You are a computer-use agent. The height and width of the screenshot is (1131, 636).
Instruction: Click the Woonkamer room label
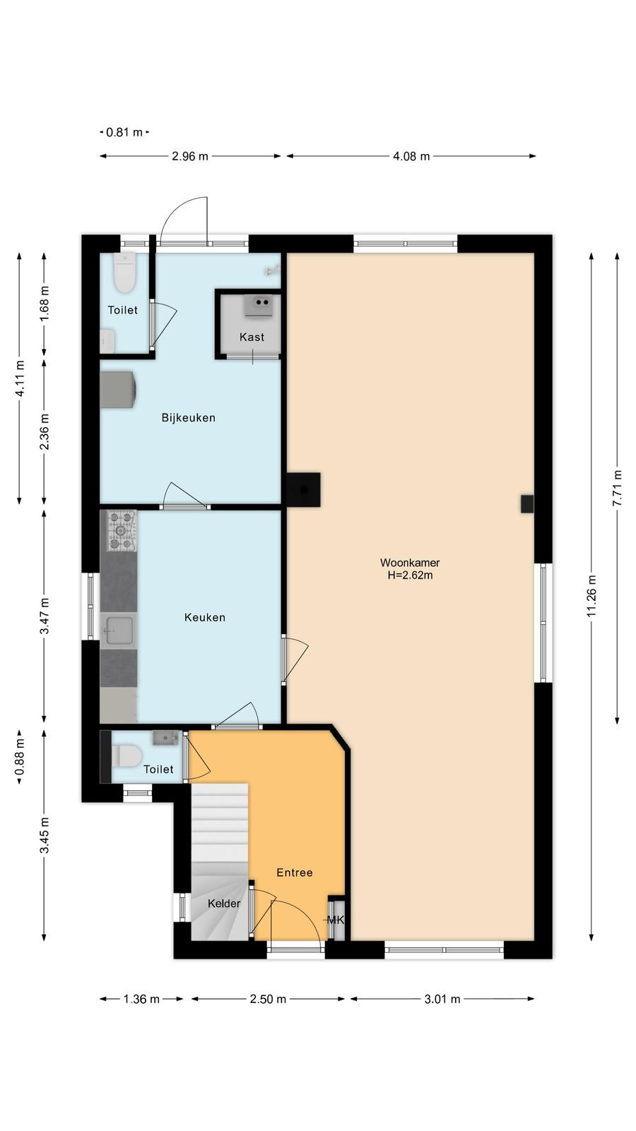410,563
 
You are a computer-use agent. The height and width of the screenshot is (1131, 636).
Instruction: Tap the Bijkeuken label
188,418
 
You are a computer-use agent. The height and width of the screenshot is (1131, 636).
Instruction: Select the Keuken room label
204,617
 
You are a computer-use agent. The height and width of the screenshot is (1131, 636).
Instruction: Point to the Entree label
294,872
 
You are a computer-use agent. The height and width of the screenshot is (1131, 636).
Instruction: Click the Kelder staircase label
223,903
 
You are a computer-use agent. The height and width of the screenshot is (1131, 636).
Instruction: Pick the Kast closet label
252,336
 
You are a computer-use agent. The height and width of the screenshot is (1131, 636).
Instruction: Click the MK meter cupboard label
336,920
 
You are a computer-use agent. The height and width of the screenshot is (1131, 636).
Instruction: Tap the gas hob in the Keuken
121,531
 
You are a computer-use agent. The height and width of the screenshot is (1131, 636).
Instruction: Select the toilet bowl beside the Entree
126,756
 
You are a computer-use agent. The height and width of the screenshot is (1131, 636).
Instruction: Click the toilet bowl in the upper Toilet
124,273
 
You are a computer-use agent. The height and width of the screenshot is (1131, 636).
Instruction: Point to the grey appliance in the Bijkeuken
118,389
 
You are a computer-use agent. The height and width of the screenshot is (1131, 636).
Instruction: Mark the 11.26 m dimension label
591,596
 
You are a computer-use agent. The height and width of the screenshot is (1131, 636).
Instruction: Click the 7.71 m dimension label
618,488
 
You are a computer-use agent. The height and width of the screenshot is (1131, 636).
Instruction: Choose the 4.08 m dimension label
411,156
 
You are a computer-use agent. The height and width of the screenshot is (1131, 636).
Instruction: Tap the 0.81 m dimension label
124,132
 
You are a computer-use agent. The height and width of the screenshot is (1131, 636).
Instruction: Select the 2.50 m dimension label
268,999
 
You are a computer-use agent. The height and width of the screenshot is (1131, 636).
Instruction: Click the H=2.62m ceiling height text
410,575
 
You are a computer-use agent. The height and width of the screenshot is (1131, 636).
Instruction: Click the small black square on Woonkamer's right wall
527,504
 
